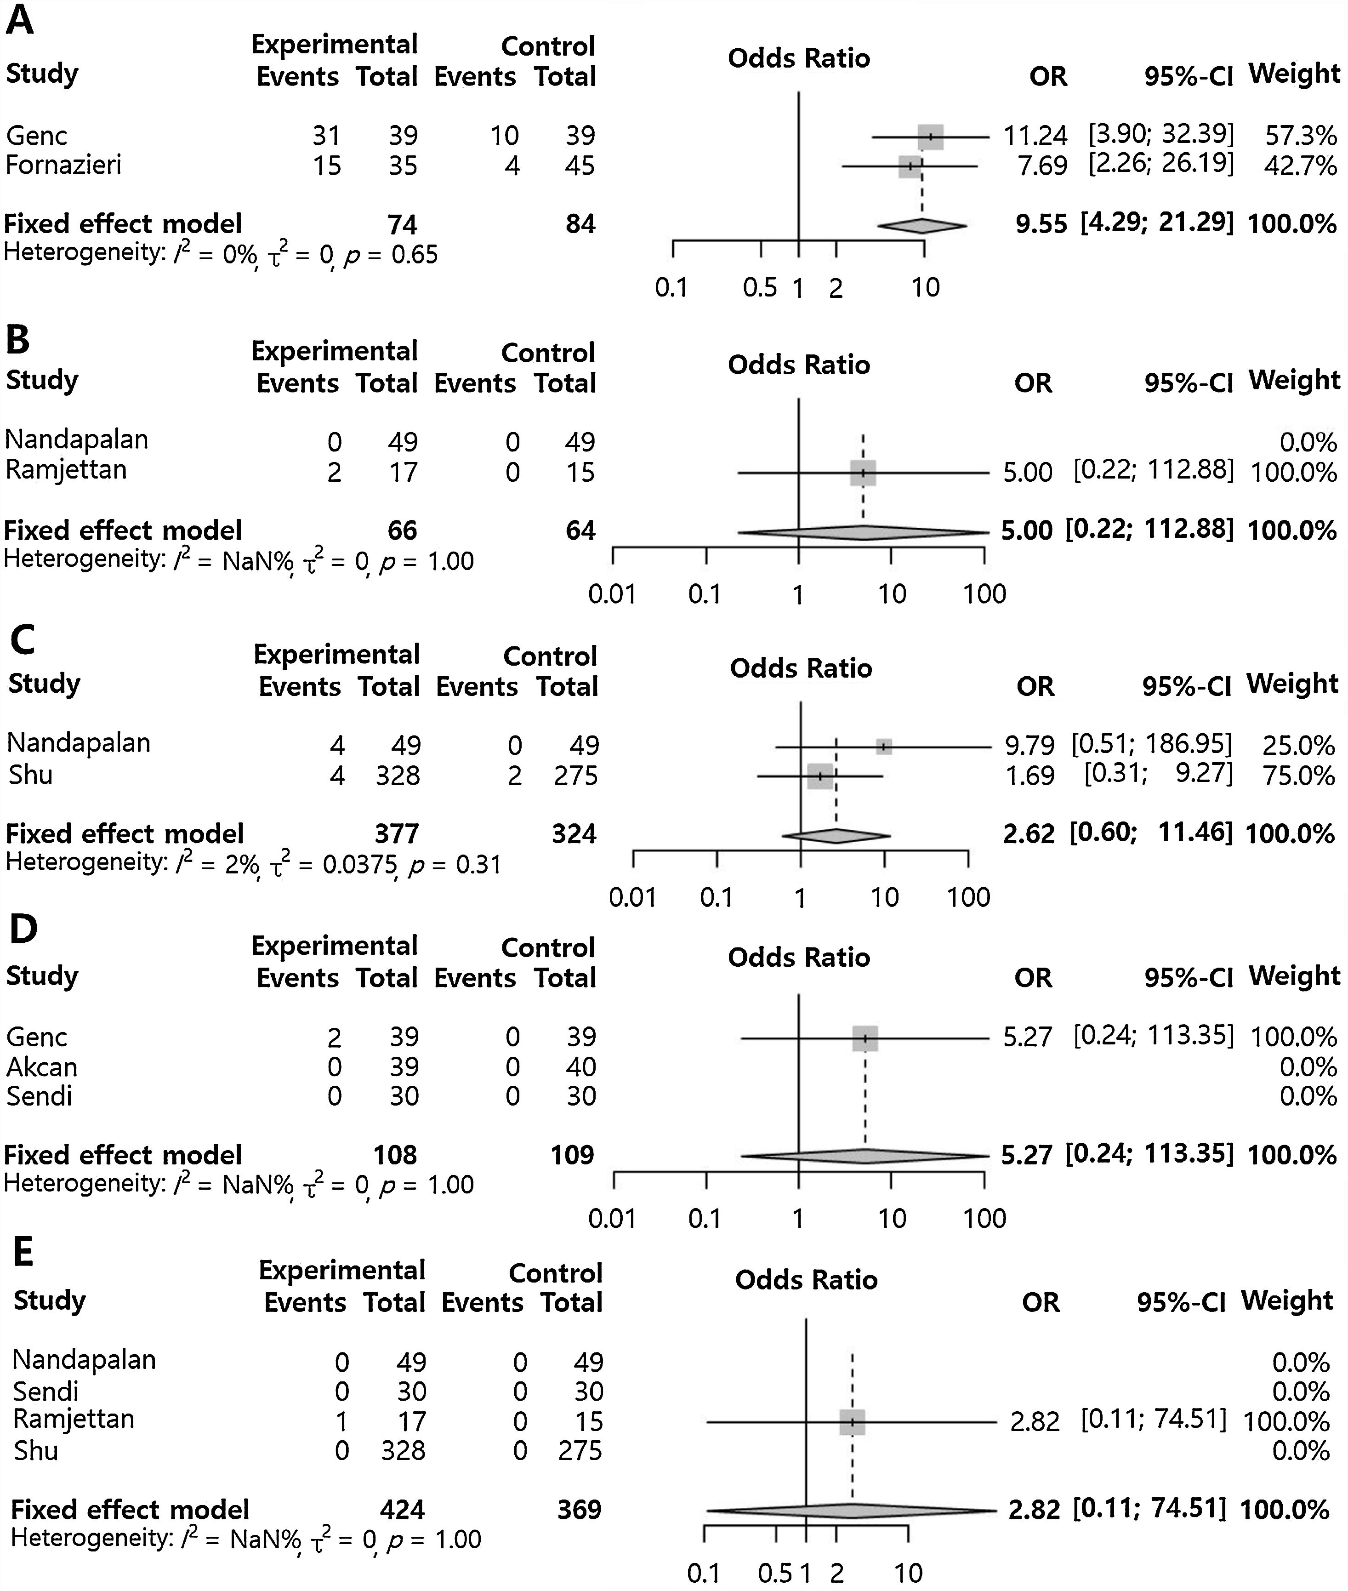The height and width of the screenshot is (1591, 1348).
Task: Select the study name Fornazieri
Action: point(63,165)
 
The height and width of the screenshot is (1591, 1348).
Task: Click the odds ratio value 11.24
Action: point(1035,136)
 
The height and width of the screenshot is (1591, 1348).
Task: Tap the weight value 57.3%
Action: point(1301,136)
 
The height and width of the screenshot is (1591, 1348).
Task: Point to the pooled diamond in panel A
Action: point(921,225)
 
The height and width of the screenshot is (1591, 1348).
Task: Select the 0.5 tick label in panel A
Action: point(760,288)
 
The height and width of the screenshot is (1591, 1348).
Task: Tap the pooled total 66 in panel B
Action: point(402,530)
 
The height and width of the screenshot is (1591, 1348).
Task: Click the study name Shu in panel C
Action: point(31,775)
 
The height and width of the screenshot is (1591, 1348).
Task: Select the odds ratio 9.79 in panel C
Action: point(1029,745)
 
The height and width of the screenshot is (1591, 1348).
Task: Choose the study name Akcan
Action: point(42,1067)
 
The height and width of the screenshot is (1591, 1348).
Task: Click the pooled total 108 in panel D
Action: point(395,1155)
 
